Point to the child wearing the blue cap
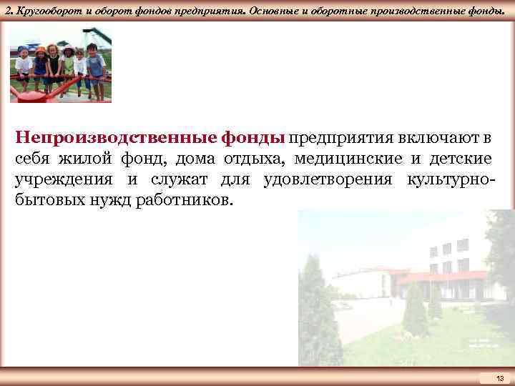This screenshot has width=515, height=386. point(23,61)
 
